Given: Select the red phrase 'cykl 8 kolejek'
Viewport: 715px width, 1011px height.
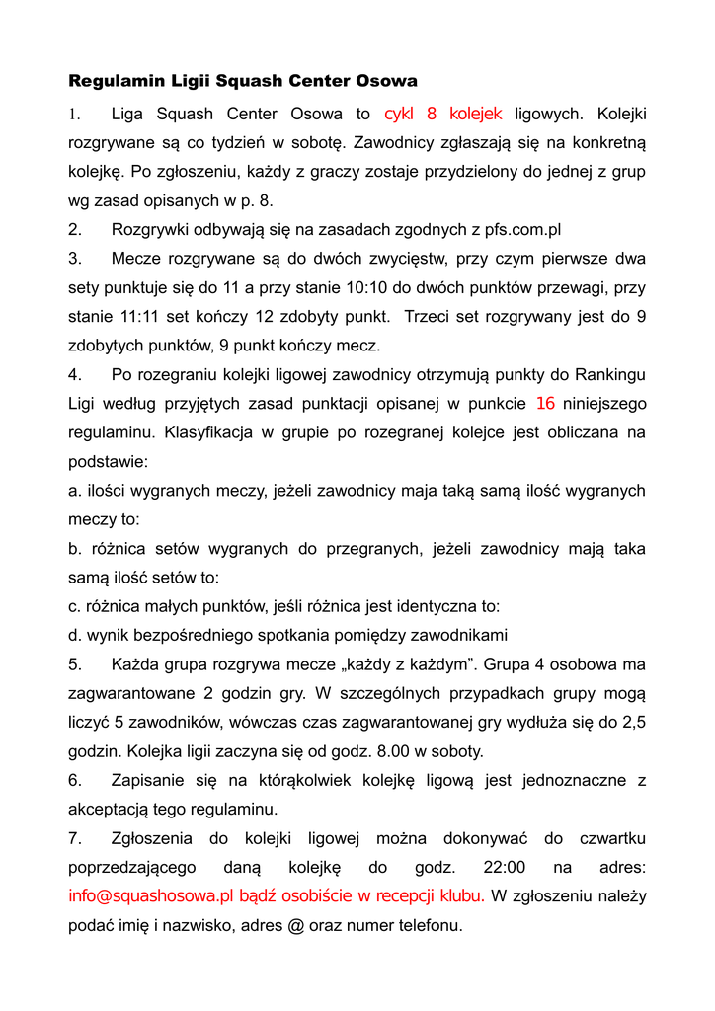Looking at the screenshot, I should tap(443, 114).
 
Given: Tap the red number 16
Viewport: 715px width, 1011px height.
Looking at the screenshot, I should tap(546, 403).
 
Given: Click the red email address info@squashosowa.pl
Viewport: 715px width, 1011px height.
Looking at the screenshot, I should tap(150, 896).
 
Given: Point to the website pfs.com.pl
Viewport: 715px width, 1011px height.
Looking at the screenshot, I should tap(522, 230).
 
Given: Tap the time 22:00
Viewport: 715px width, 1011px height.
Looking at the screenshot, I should tap(505, 868).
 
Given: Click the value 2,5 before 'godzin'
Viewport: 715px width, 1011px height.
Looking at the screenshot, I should tap(633, 723).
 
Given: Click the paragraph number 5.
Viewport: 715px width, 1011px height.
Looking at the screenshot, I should tap(74, 664).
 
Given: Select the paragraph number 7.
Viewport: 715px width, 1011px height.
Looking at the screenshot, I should tap(74, 838).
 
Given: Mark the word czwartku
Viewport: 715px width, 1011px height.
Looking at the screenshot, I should tap(611, 838).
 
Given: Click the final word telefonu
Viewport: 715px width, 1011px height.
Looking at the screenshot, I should tap(426, 926).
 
